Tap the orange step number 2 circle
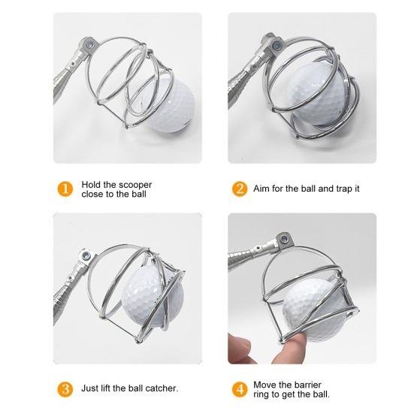pos(241,189)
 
